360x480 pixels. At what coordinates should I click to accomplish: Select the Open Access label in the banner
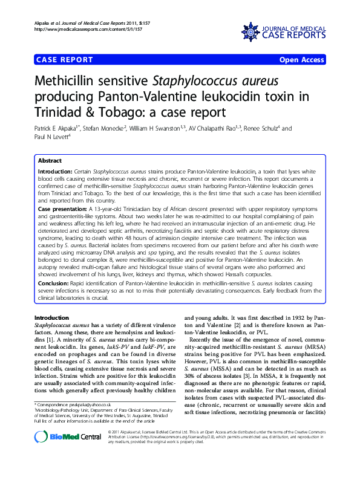[301, 60]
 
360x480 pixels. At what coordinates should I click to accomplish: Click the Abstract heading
[50, 161]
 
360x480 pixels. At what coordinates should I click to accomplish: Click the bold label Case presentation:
[64, 208]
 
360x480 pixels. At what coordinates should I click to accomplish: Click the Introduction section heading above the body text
[51, 318]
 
